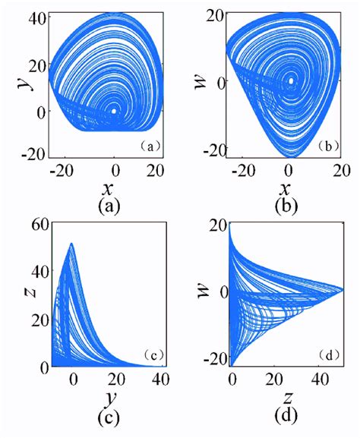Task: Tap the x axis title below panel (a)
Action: click(x=108, y=189)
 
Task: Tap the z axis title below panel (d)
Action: click(x=287, y=398)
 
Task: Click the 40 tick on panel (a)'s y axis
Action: click(x=38, y=20)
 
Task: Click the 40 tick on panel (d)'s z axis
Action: click(x=320, y=380)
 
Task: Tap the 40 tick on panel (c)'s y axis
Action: click(x=160, y=380)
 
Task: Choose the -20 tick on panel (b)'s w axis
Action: click(x=214, y=148)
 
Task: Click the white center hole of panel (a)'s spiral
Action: click(x=114, y=111)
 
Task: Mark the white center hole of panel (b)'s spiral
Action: click(x=291, y=80)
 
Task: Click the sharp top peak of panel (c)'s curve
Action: click(x=71, y=244)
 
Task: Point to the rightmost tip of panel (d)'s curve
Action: click(x=343, y=291)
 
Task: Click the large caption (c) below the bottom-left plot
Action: click(x=109, y=418)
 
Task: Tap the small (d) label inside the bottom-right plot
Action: click(x=328, y=355)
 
